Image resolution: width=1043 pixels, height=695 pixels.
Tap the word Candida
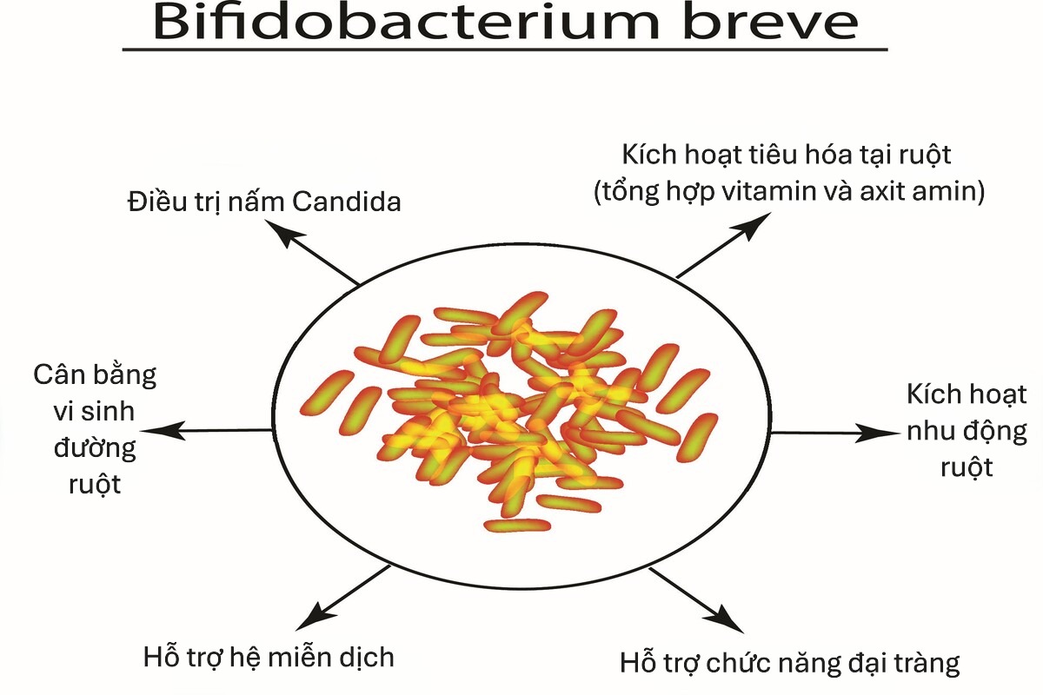pyautogui.click(x=347, y=202)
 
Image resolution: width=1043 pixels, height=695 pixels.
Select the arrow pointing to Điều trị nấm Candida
pyautogui.click(x=312, y=253)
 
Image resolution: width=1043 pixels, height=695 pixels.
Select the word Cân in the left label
pyautogui.click(x=57, y=375)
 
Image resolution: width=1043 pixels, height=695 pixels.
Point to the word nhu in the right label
pyautogui.click(x=927, y=432)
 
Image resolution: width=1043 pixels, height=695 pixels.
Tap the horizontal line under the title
pyautogui.click(x=504, y=49)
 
